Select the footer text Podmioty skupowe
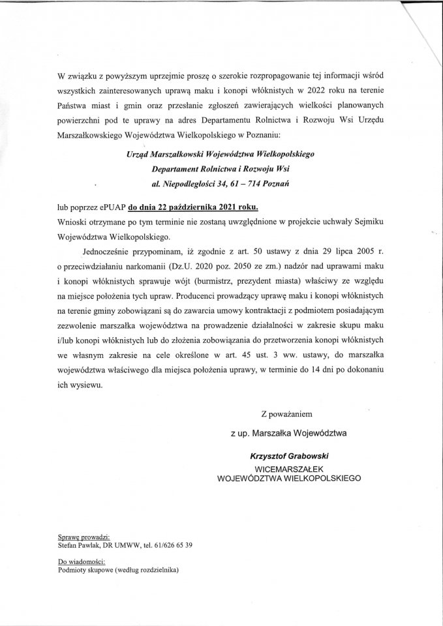[x=85, y=569]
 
